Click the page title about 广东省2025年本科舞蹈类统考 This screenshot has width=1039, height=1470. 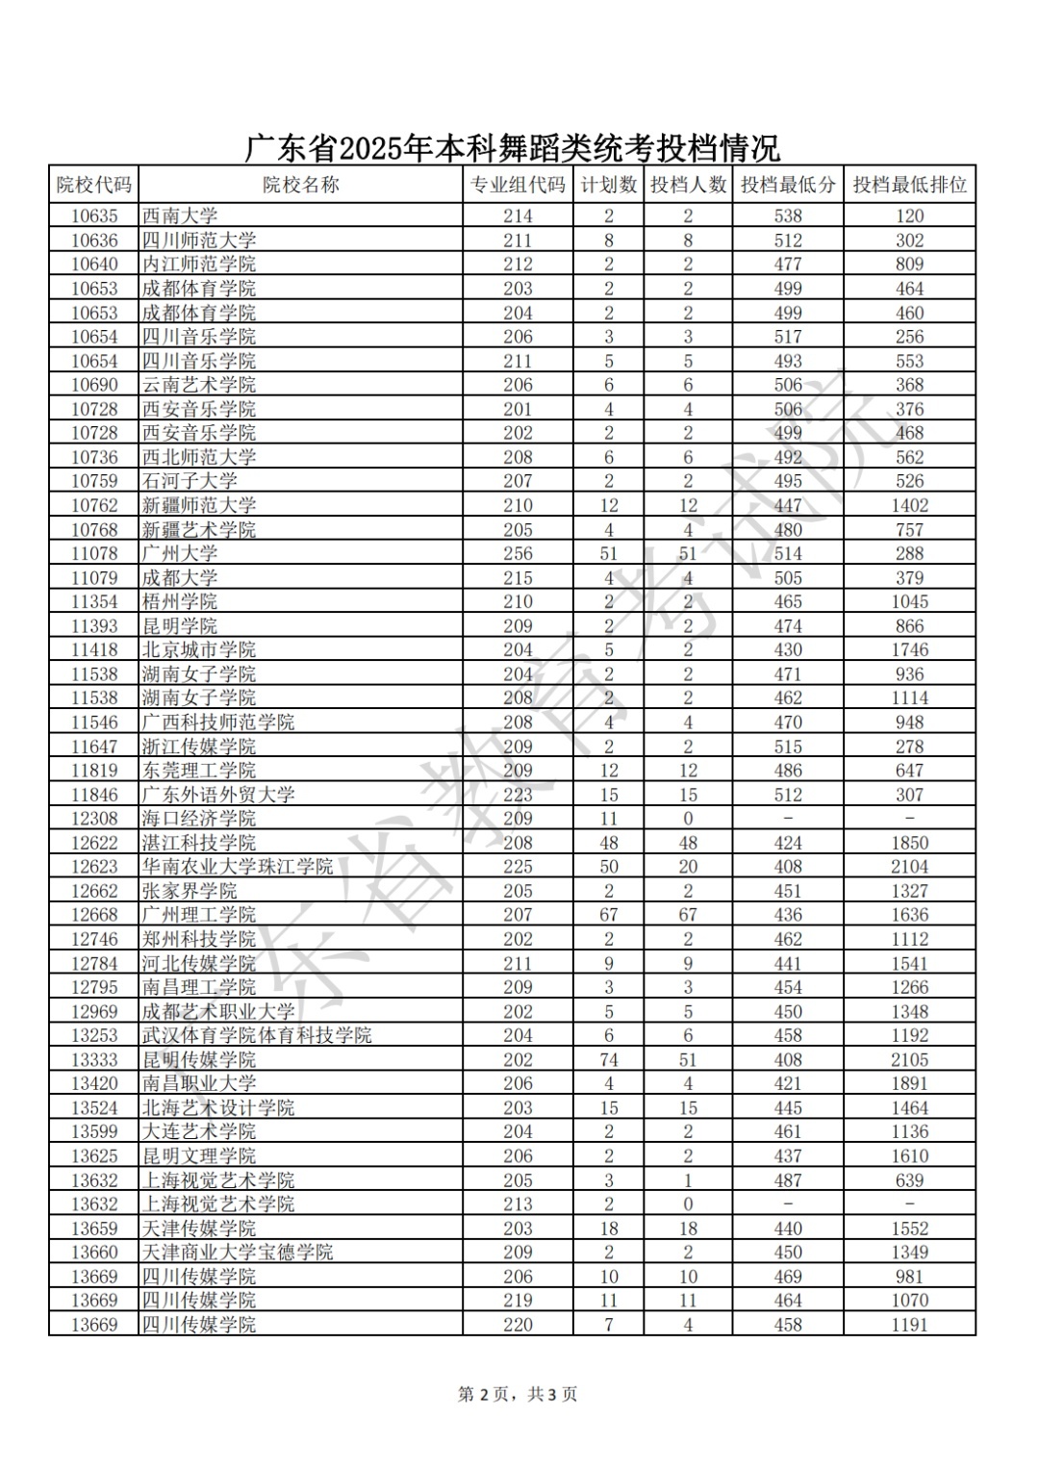512,149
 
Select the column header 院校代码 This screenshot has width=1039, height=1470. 93,185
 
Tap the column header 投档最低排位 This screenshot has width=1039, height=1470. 909,185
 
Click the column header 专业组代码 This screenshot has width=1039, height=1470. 518,185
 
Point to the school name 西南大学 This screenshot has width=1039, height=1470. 180,216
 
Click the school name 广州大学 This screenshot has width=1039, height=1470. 180,553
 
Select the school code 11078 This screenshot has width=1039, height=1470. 94,553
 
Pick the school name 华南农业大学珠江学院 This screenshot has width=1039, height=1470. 237,867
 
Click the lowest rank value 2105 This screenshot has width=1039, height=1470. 909,1059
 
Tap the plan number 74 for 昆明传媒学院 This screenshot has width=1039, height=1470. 608,1059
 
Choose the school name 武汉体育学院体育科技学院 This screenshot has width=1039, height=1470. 256,1035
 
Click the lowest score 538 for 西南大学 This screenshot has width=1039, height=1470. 788,216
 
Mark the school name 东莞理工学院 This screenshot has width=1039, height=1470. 199,771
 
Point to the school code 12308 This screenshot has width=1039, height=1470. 94,819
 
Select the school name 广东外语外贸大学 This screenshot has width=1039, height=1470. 217,795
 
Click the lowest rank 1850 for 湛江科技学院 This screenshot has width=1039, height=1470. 909,843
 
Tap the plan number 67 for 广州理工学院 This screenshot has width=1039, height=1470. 608,915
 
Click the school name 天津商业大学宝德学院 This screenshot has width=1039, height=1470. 237,1253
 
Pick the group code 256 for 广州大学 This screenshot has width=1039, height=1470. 518,553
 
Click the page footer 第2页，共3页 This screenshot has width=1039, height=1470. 518,1394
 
